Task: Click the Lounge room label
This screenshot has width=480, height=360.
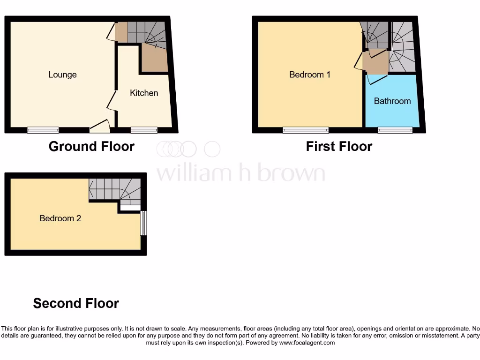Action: [62, 75]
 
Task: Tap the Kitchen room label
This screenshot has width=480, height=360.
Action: [144, 93]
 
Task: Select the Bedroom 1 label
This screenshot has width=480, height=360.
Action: [310, 75]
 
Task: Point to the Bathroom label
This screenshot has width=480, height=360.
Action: [392, 101]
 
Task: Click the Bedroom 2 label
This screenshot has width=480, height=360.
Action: [60, 218]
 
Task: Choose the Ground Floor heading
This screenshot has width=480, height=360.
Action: [91, 147]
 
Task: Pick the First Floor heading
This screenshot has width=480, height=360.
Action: [339, 147]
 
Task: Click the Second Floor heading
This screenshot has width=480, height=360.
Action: [76, 303]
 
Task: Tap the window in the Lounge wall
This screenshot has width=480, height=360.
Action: [43, 130]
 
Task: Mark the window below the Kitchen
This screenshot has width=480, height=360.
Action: [144, 130]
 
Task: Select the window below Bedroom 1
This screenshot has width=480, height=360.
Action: [306, 130]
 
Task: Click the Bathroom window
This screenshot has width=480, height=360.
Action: [395, 130]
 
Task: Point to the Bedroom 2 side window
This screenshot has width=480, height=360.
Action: [144, 223]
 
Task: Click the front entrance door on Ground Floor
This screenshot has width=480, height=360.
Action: [100, 124]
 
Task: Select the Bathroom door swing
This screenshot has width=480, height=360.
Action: [377, 80]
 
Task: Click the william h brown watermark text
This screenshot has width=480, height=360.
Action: [240, 173]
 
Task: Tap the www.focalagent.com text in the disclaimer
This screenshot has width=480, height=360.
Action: [307, 343]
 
